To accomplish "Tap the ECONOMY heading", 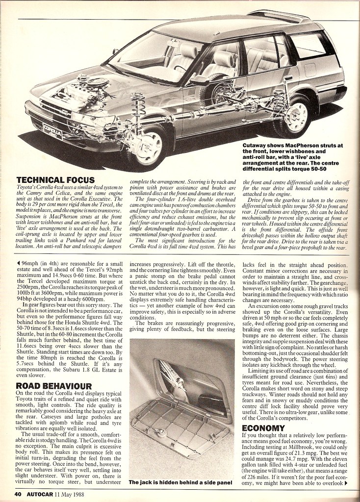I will click(x=264, y=427).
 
